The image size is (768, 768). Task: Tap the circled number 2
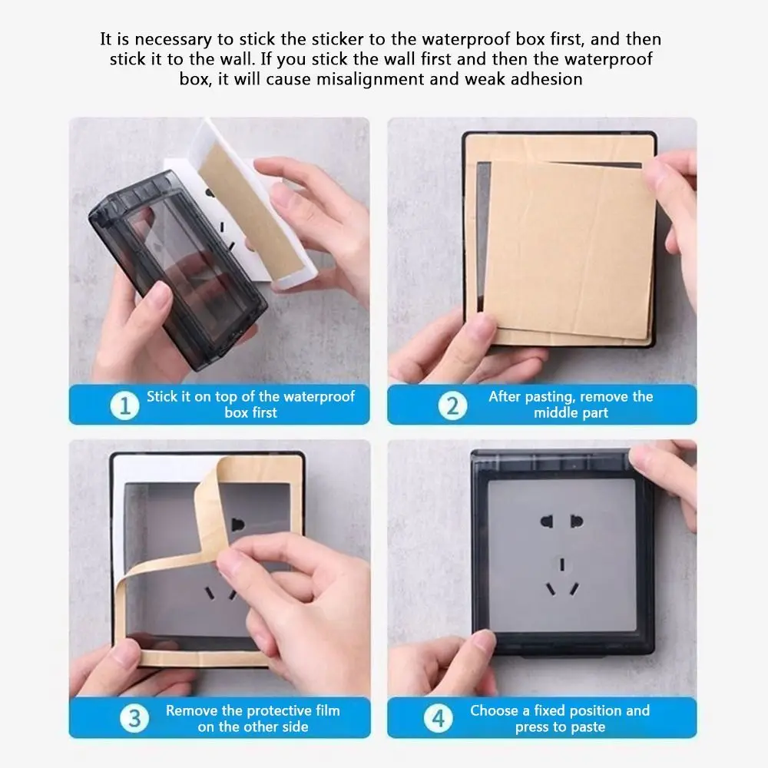[452, 406]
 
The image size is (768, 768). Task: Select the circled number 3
[134, 719]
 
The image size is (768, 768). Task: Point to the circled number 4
[438, 719]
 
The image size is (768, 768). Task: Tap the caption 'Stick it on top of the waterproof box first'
[250, 405]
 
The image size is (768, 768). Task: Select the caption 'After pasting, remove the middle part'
[570, 405]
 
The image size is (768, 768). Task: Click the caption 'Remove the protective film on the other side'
[252, 718]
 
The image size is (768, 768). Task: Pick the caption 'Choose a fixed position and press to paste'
[559, 718]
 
